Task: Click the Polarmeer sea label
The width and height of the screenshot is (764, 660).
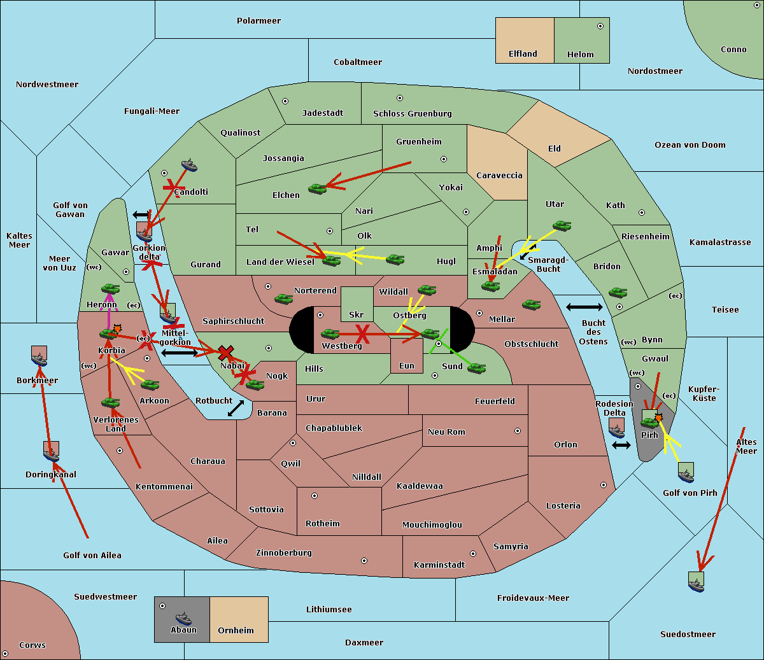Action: coord(258,21)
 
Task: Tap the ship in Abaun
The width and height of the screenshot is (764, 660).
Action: coord(184,618)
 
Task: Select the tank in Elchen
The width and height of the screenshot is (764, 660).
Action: coord(318,189)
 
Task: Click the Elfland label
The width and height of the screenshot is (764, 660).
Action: coord(523,54)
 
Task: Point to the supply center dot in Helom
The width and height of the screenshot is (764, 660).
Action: coord(600,26)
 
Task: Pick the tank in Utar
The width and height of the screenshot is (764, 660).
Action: coord(562,225)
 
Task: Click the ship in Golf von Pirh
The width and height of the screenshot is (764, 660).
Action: coord(686,475)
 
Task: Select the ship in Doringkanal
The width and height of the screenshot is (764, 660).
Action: coord(52,454)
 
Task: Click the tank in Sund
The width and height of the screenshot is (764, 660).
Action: coord(476,368)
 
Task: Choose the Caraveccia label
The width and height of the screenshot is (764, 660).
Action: coord(499,175)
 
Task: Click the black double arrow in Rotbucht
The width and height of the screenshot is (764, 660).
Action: coord(236,408)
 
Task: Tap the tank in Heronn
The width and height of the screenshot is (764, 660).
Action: coord(111,288)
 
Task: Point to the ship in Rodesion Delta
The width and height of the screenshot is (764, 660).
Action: coord(616,430)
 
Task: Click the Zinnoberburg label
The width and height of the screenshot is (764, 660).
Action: coord(284,552)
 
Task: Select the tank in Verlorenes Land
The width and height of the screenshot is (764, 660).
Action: coord(111,402)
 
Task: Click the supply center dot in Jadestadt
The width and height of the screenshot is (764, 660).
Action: coord(285,101)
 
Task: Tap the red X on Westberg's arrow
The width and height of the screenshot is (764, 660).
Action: coord(363,334)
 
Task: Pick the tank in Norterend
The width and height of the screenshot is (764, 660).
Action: coord(283,298)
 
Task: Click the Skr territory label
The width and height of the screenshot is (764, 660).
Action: coord(356,314)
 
